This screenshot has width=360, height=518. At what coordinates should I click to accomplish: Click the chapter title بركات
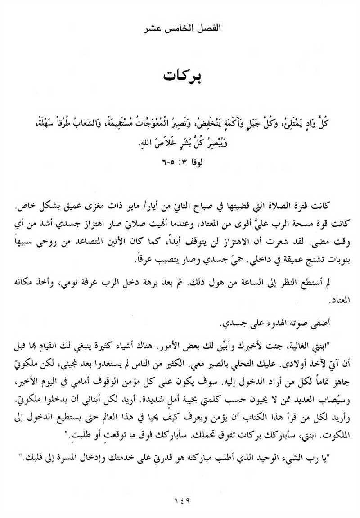(182, 75)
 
